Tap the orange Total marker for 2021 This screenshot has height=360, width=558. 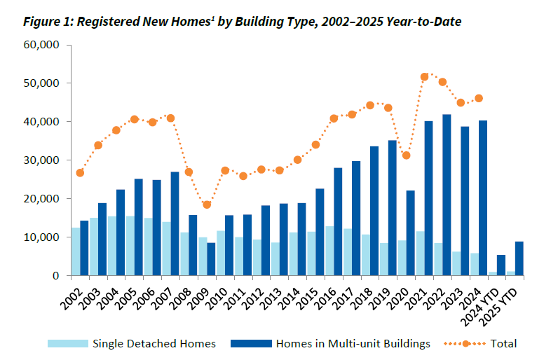coord(425,77)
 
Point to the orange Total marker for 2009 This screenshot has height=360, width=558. coord(207,205)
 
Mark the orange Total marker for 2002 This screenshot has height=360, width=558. coord(80,173)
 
